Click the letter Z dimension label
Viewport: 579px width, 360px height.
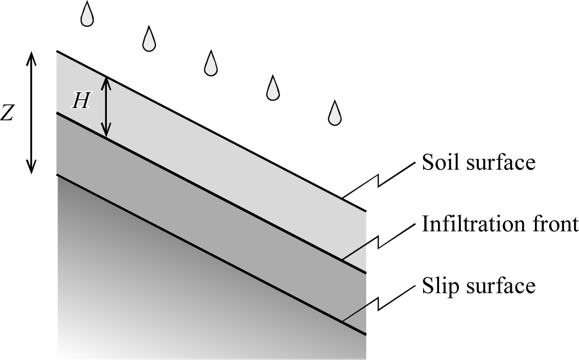[7, 112]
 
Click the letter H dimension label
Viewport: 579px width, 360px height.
[81, 101]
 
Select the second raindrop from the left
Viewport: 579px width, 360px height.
[149, 39]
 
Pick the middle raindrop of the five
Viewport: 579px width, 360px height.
[210, 63]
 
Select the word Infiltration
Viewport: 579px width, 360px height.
[466, 223]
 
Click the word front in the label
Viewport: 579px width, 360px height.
[547, 224]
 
